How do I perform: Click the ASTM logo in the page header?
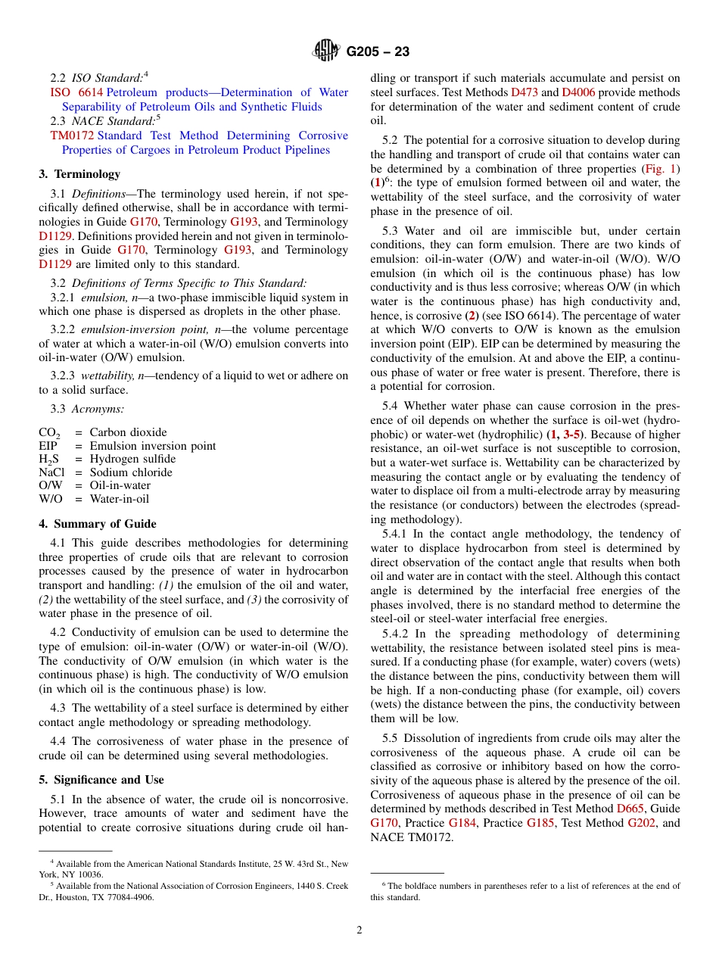pyautogui.click(x=326, y=51)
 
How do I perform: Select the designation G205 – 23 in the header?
pyautogui.click(x=378, y=51)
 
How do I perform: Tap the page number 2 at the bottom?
pyautogui.click(x=359, y=930)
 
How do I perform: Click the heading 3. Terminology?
pyautogui.click(x=79, y=174)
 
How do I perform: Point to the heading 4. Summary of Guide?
pyautogui.click(x=98, y=524)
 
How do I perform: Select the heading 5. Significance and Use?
pyautogui.click(x=101, y=780)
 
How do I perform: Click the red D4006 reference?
pyautogui.click(x=578, y=92)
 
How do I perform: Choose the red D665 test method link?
pyautogui.click(x=630, y=809)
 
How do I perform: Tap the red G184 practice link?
pyautogui.click(x=462, y=823)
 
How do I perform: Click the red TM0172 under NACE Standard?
pyautogui.click(x=72, y=136)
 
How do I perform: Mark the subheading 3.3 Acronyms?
pyautogui.click(x=87, y=409)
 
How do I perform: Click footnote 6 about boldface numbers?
pyautogui.click(x=524, y=891)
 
